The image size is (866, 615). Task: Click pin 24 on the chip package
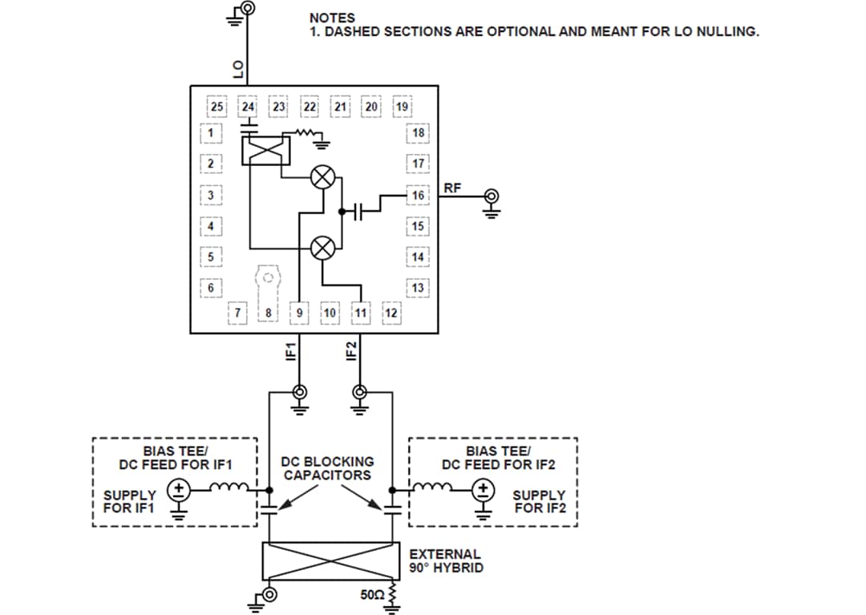[248, 107]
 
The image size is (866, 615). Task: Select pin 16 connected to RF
[417, 195]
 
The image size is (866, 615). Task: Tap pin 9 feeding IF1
[300, 311]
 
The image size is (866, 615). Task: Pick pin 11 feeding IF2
[361, 311]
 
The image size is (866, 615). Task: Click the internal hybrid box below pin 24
[263, 149]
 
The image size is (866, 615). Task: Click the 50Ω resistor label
[373, 596]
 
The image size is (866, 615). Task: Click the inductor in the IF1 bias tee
[230, 487]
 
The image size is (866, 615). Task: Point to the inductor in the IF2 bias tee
[432, 487]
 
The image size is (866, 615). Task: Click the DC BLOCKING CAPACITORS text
[327, 468]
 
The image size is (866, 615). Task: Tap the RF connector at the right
[492, 196]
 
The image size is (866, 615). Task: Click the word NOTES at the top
[332, 18]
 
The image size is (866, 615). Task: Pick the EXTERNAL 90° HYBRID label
[446, 560]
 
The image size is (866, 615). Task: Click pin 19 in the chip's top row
[403, 107]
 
